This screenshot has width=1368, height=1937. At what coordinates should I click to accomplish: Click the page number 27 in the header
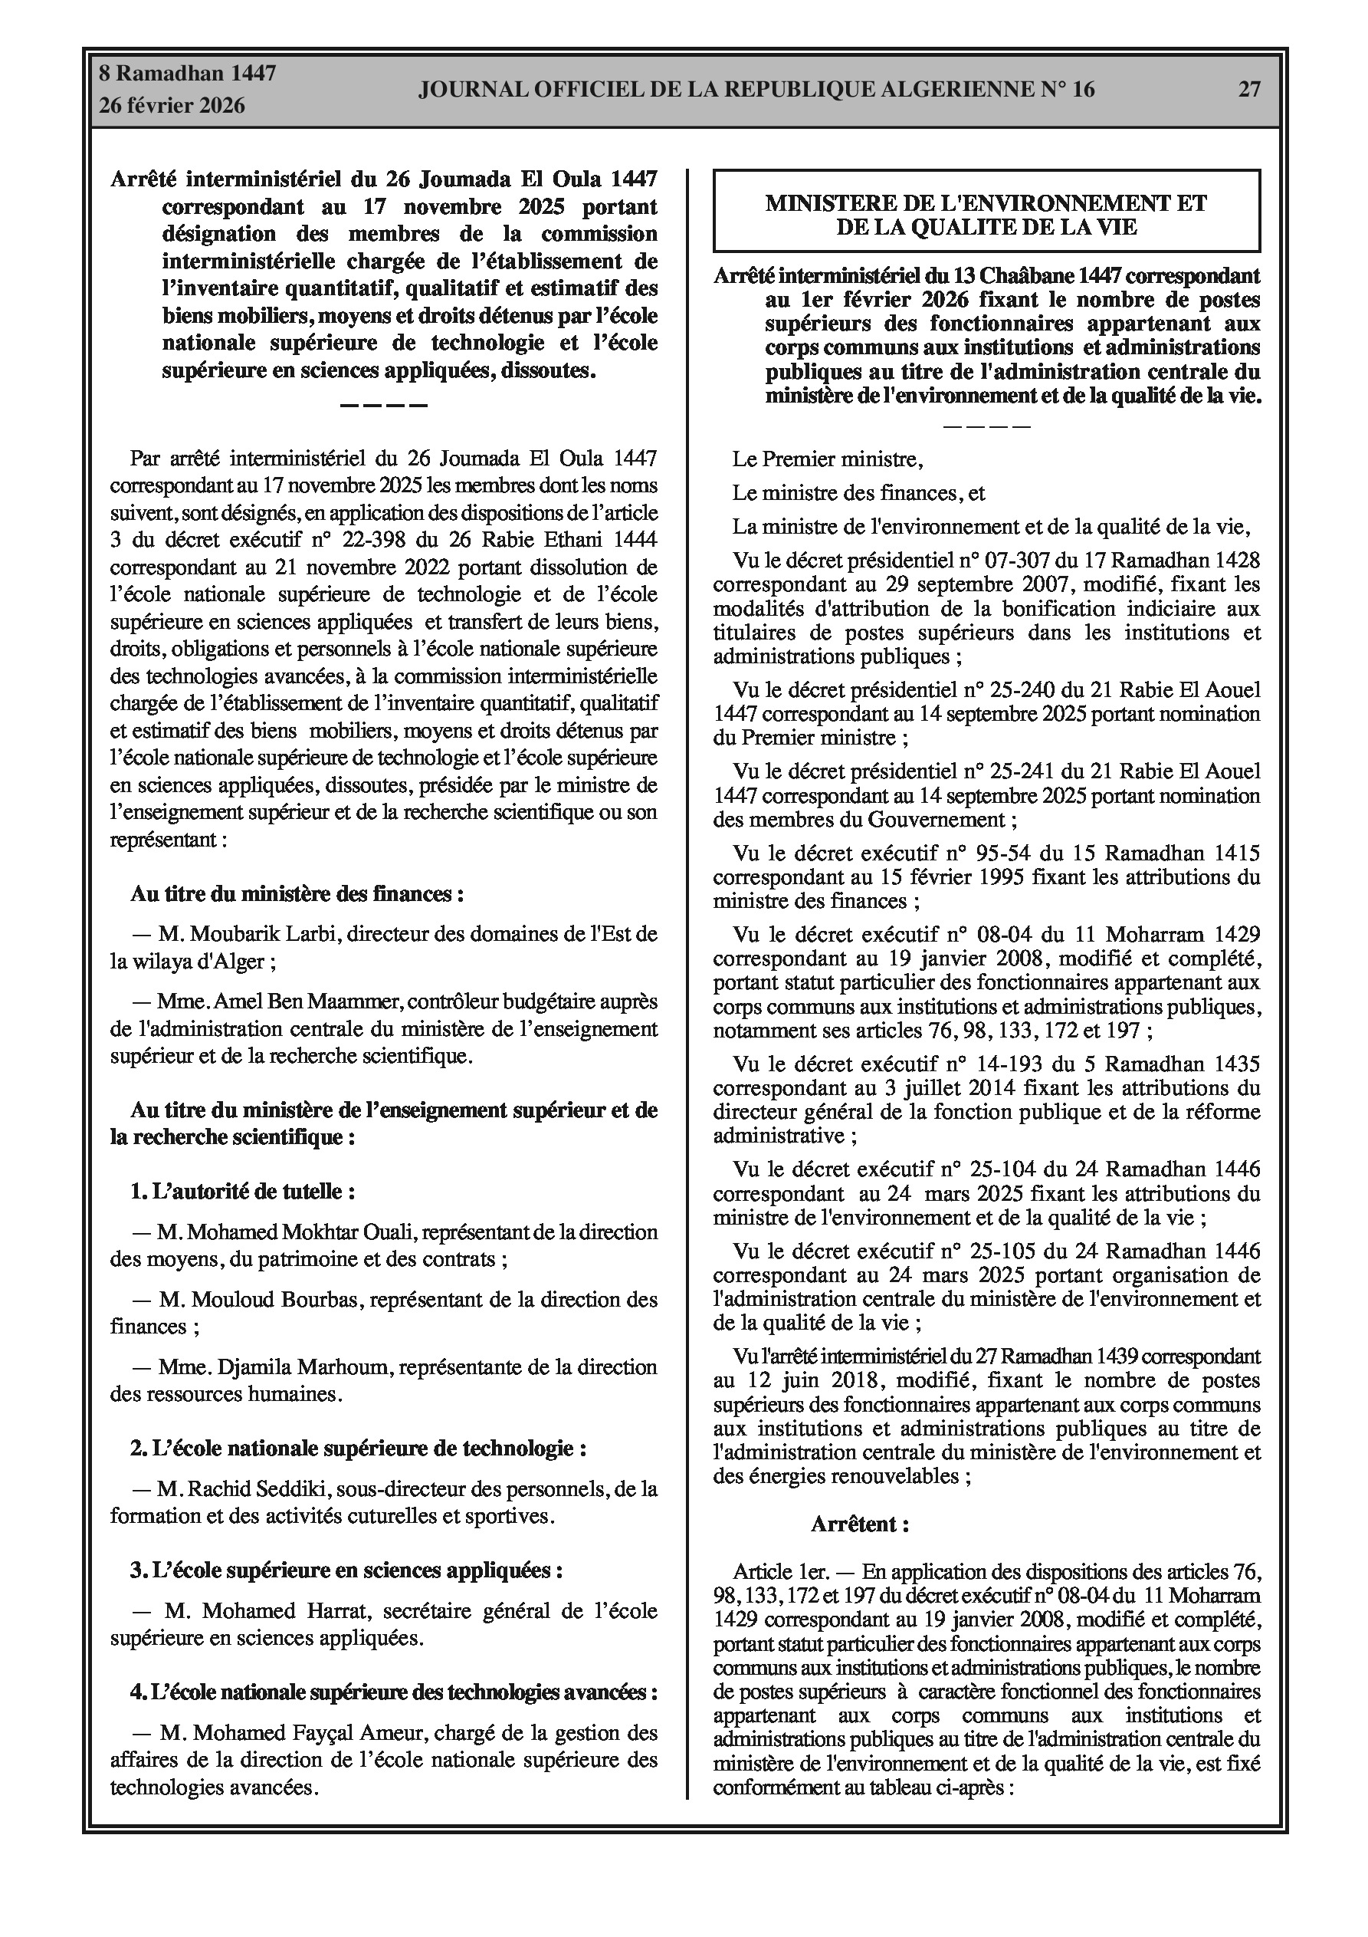(1249, 89)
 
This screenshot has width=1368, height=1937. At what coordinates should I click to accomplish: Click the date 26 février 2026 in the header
(172, 106)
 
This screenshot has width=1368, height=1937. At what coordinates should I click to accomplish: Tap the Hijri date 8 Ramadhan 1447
(187, 74)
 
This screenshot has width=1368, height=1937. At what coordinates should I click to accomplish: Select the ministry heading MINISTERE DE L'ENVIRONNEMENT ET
(986, 203)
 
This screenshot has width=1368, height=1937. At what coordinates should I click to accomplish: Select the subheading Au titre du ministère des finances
(297, 894)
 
